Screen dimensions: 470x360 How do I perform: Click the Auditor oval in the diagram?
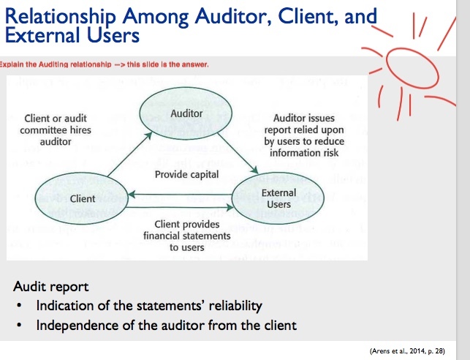coord(186,114)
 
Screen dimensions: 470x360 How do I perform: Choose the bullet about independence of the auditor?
coord(166,325)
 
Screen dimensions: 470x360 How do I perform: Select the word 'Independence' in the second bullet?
coord(74,325)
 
